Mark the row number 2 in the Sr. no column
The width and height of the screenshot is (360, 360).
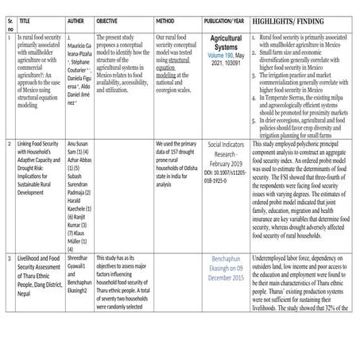[7, 122]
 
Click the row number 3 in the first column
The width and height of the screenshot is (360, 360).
[7, 260]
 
